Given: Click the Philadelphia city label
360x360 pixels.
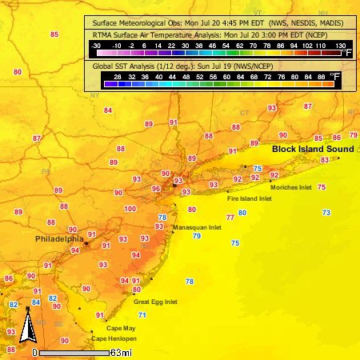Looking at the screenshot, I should click(x=59, y=238).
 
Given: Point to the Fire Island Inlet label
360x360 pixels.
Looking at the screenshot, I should click(x=249, y=198).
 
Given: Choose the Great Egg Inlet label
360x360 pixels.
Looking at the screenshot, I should click(x=155, y=302).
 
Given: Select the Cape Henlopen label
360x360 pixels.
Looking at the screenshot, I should click(x=110, y=339).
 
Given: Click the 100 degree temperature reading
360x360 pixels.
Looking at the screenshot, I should click(x=130, y=209).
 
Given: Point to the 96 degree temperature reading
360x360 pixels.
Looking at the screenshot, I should click(x=156, y=189).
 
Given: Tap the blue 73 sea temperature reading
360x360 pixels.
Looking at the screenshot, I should click(x=326, y=212).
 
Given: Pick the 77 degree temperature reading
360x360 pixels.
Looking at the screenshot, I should click(x=230, y=217).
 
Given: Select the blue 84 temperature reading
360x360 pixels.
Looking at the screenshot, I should click(x=36, y=302).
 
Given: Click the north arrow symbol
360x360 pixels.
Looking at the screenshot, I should click(x=26, y=328).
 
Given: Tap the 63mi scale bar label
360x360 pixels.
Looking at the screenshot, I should click(x=122, y=352).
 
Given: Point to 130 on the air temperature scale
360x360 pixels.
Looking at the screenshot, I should click(x=339, y=46).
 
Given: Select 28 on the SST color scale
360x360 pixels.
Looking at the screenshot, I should click(x=118, y=75).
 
